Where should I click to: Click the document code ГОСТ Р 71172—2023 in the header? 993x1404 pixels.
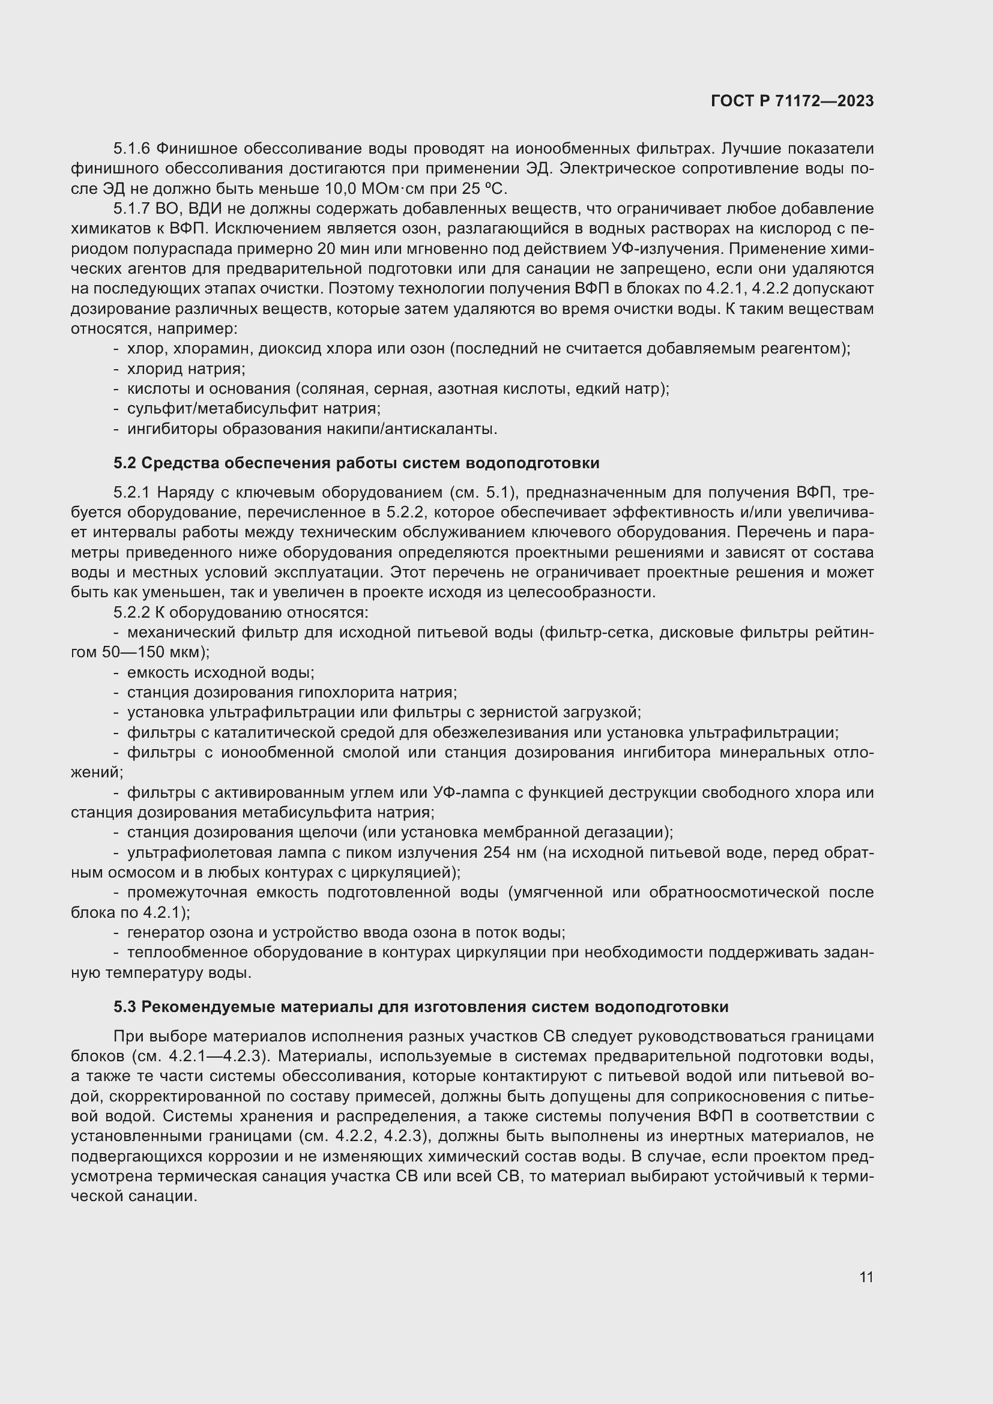point(792,101)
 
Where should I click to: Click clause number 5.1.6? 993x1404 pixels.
point(131,149)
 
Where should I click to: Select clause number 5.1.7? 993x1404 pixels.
point(131,209)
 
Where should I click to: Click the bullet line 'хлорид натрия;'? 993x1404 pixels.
point(186,369)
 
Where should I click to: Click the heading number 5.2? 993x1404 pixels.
point(125,463)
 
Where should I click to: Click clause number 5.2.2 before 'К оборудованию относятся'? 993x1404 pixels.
point(131,612)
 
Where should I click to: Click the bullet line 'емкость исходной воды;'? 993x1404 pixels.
point(220,673)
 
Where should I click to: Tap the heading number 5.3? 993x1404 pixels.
point(125,1007)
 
